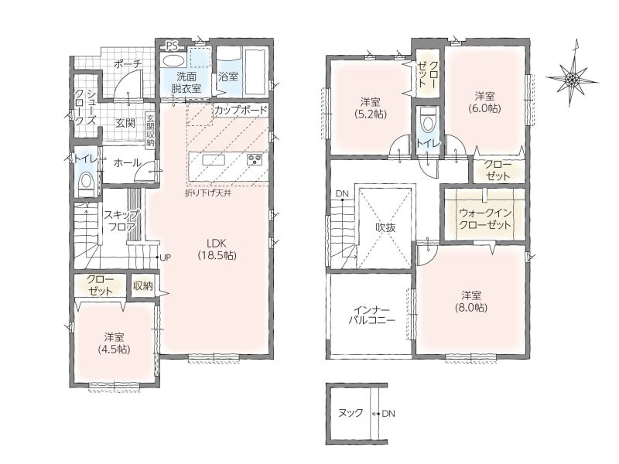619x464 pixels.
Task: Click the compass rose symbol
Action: point(572,79)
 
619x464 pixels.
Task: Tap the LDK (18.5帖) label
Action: point(217,249)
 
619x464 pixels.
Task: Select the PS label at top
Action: point(171,46)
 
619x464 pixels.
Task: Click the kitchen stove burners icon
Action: point(255,160)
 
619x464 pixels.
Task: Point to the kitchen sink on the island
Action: point(214,160)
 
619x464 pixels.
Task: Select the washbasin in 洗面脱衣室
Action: point(173,61)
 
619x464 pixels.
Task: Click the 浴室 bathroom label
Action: point(228,76)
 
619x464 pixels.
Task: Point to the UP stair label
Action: point(165,258)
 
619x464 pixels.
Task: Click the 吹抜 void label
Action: point(385,227)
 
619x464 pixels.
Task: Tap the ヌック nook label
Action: point(351,413)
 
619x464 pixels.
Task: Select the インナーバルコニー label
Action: point(371,315)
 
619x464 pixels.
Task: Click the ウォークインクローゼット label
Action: point(485,219)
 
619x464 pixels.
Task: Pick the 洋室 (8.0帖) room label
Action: point(472,302)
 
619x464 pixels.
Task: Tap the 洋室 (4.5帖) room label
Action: point(115,343)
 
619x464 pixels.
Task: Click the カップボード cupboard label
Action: point(241,110)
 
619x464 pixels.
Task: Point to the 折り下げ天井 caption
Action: point(208,193)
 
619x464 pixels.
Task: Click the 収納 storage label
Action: point(143,286)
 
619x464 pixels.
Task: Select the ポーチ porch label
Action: point(128,64)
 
